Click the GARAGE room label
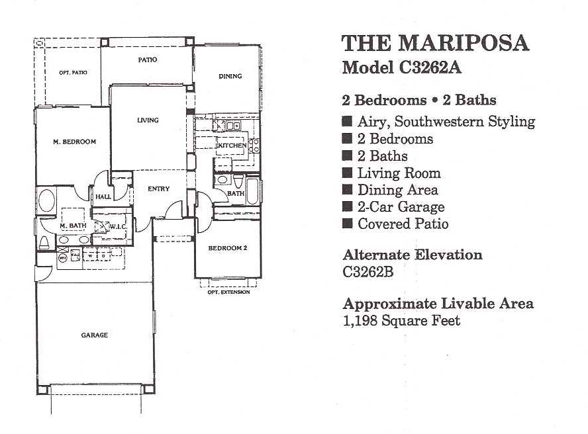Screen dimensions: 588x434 tap(95, 335)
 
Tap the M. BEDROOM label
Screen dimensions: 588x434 tap(75, 142)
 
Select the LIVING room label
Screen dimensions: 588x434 tap(148, 120)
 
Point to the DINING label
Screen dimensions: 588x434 tap(230, 76)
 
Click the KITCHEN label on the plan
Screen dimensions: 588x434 tap(232, 146)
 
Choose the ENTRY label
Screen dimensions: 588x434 tap(159, 189)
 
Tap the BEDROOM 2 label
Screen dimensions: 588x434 tap(228, 248)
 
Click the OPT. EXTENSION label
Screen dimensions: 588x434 tap(228, 292)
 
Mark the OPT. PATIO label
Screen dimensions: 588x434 tap(73, 73)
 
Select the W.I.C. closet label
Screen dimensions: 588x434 tap(118, 227)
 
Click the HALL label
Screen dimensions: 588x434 tap(103, 196)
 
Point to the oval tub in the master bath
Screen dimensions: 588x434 tap(46, 201)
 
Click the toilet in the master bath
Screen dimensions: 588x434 tap(44, 243)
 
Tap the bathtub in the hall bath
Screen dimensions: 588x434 tap(252, 191)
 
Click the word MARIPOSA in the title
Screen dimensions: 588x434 tap(464, 43)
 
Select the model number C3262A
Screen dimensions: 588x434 tap(430, 68)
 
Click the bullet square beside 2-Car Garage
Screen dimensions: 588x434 tap(347, 206)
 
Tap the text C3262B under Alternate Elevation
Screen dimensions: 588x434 tap(368, 272)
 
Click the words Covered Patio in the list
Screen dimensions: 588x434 tap(403, 224)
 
